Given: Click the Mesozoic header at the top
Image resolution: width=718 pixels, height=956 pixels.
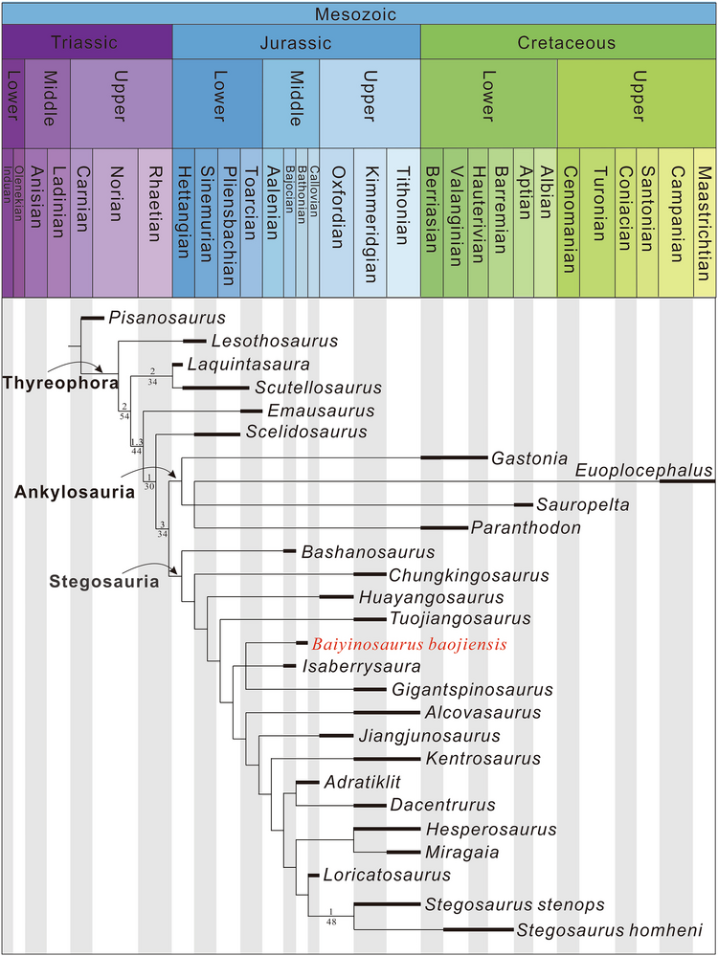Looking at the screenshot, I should point(359,13).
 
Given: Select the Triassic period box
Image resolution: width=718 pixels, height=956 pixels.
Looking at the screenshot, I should point(86,43).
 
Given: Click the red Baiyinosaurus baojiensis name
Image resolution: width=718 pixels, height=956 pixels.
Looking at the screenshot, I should point(409,645).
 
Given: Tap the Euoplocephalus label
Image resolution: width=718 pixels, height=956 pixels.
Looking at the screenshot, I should point(643,470).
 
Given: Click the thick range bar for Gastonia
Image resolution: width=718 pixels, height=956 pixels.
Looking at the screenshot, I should point(454,458).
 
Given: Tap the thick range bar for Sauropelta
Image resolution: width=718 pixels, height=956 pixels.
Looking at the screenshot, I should point(523,504).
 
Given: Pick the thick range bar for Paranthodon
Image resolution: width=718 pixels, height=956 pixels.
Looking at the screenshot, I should point(443,527).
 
